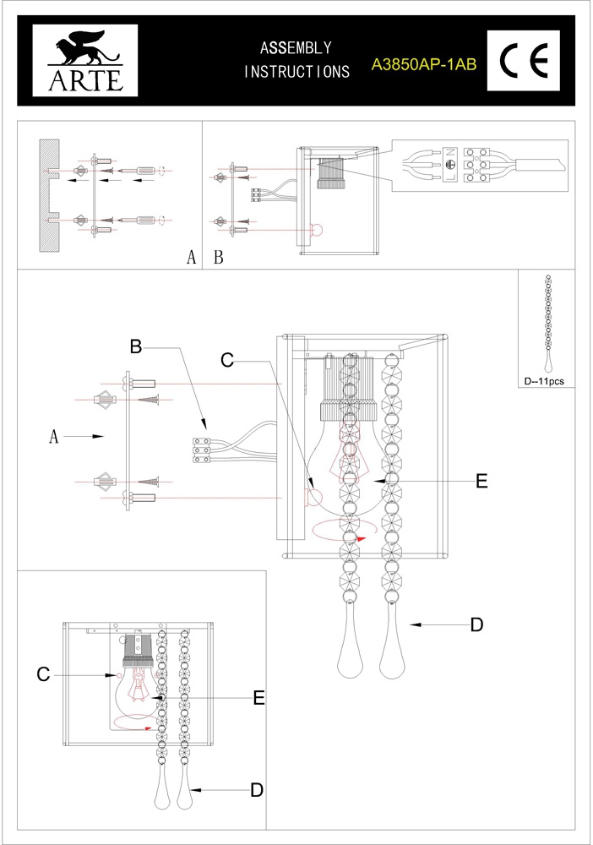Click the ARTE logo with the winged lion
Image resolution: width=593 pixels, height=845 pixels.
(78, 59)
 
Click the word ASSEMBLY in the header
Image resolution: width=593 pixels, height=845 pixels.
(296, 48)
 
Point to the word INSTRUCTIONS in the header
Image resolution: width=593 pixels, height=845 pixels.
(297, 72)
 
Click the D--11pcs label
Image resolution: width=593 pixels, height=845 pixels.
(545, 381)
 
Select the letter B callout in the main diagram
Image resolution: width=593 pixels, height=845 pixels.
(136, 346)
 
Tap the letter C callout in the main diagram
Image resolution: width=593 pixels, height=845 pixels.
(226, 359)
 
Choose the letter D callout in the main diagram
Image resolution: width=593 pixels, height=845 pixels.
(476, 624)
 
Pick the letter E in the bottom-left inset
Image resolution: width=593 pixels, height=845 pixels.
(259, 697)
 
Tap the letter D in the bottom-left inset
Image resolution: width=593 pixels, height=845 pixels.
(257, 789)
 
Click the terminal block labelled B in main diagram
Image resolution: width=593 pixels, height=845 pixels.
(202, 450)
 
